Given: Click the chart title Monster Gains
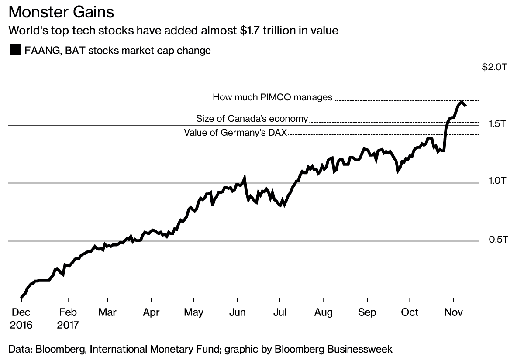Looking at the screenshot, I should (61, 12).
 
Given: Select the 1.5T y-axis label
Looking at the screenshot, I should (497, 124).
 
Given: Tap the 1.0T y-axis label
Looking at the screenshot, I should (497, 181).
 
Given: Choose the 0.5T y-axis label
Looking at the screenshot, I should (497, 239).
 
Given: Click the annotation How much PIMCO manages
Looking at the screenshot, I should (272, 97).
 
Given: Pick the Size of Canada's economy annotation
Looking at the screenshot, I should (252, 119).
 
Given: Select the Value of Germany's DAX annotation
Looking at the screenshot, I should (235, 133).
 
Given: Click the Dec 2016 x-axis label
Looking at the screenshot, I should (20, 319).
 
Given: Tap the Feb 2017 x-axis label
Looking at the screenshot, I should (68, 319).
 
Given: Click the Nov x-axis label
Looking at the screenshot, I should (453, 312).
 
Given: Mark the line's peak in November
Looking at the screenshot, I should (462, 102).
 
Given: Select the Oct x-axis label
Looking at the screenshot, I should (410, 312).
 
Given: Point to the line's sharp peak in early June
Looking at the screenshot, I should (245, 177).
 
